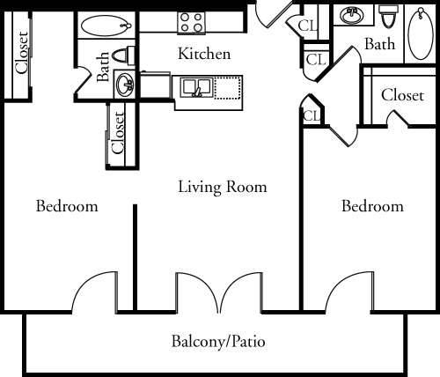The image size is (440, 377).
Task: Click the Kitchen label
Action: pos(204,54)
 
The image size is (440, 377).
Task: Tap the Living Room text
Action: pos(222,187)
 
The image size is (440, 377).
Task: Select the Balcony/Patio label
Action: pos(218,341)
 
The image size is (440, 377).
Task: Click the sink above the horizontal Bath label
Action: pos(353,15)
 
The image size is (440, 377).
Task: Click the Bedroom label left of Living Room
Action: pos(67,207)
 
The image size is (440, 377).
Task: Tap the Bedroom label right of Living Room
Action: pos(372,207)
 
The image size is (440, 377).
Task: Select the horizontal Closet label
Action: pos(403,95)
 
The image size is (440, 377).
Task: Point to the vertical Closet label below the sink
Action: pos(119,132)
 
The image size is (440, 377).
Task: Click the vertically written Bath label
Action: pos(104,66)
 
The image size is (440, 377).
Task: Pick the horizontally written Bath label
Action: pos(380,43)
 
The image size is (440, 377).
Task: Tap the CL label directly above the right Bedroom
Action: pos(311,116)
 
